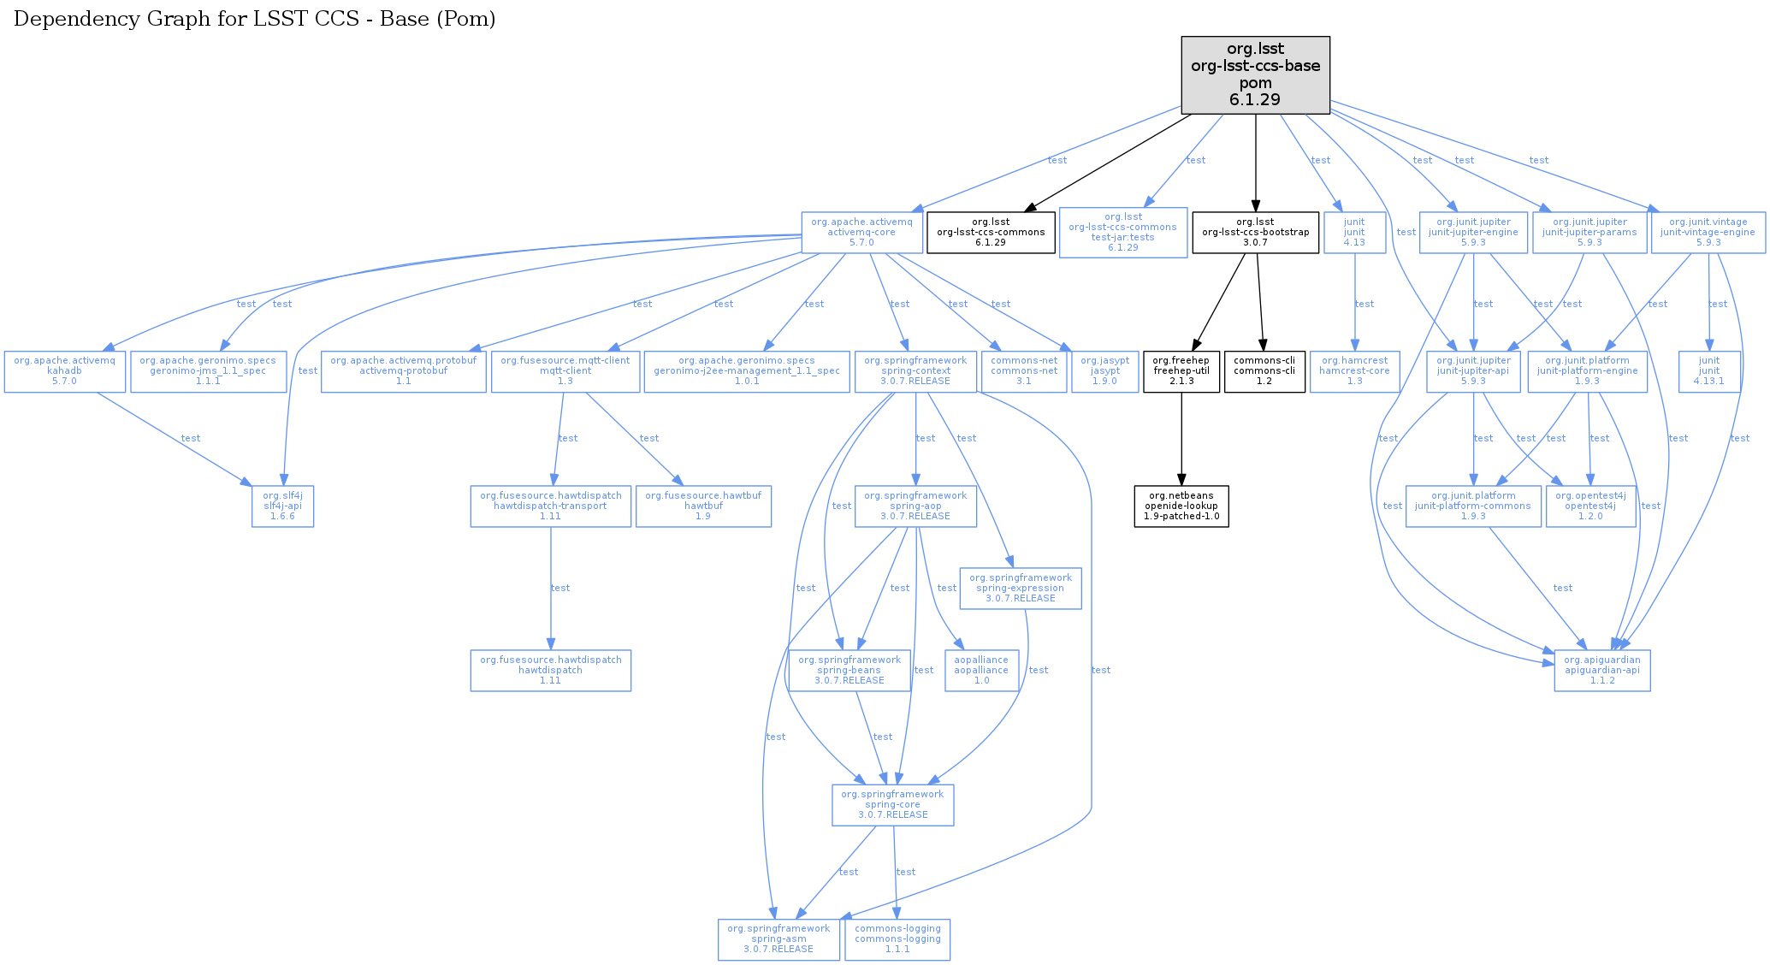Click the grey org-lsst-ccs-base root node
click(x=1255, y=74)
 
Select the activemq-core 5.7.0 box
click(x=861, y=232)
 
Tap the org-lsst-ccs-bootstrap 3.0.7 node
click(x=1255, y=232)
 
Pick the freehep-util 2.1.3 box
click(x=1181, y=370)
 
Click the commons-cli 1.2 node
click(x=1264, y=370)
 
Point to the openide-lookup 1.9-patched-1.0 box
click(x=1181, y=506)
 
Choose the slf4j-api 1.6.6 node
click(x=282, y=506)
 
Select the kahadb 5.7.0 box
click(x=64, y=370)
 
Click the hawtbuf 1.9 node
click(x=703, y=506)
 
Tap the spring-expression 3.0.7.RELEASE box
click(x=1021, y=588)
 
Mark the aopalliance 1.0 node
click(x=981, y=670)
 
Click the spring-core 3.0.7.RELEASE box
click(x=892, y=805)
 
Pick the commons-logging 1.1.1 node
click(x=897, y=939)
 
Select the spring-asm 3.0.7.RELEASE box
click(x=778, y=939)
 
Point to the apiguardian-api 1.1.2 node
click(x=1602, y=670)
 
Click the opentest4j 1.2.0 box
click(x=1590, y=506)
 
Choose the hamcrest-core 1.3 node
click(x=1354, y=370)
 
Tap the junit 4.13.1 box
click(x=1709, y=370)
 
